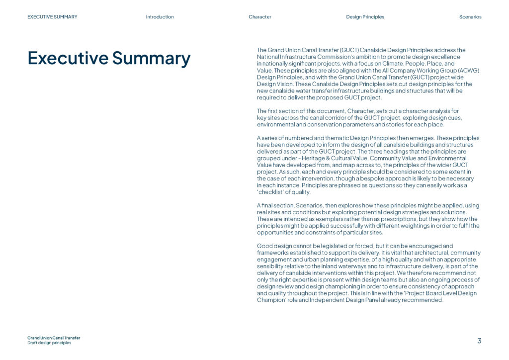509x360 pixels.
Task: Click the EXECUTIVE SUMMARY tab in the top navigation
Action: tap(52, 17)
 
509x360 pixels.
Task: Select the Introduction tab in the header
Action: tap(160, 17)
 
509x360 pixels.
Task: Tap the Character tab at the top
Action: tap(260, 17)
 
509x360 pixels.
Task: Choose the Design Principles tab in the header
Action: tap(365, 17)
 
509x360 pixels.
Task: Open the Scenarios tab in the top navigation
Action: tap(470, 17)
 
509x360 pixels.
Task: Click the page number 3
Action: tap(479, 341)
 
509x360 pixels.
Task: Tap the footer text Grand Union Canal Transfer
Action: tap(54, 338)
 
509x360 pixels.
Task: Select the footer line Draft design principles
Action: tap(49, 343)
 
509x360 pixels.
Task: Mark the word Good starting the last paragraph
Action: tap(264, 246)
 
